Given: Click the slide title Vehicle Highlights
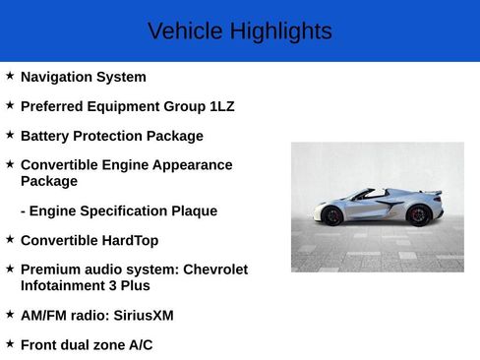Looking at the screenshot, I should click(x=239, y=31).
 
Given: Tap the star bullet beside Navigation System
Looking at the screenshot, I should click(x=10, y=75).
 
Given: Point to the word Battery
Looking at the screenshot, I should click(x=45, y=136).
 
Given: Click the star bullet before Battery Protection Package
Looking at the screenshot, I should click(x=10, y=134).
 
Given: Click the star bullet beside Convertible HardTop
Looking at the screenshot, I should click(x=10, y=238).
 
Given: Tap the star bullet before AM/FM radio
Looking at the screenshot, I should click(x=10, y=313).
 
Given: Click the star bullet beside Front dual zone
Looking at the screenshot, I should click(x=10, y=342).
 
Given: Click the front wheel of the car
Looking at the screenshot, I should click(x=332, y=214).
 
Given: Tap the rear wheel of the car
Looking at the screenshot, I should click(x=418, y=214).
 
